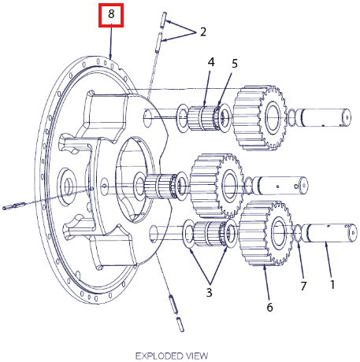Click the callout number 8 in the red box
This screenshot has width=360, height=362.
(111, 13)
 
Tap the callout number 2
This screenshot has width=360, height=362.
(203, 32)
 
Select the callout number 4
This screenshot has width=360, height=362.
(211, 62)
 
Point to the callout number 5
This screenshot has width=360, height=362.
(235, 64)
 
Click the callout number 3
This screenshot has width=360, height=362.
(209, 292)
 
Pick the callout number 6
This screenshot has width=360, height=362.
(269, 307)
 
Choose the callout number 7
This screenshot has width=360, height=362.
(303, 286)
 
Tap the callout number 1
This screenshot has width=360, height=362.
(332, 285)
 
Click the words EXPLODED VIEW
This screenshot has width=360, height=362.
(172, 356)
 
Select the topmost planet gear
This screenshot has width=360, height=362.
(259, 118)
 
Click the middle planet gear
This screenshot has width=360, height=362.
(217, 186)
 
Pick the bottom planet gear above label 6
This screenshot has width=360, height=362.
(265, 233)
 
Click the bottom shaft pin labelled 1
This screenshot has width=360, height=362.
(330, 233)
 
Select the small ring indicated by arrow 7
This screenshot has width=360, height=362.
(298, 233)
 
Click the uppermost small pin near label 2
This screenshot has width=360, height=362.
(163, 20)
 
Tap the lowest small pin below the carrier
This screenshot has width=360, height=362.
(180, 324)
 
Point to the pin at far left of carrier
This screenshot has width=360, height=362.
(13, 206)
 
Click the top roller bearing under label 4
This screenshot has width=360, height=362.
(204, 118)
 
